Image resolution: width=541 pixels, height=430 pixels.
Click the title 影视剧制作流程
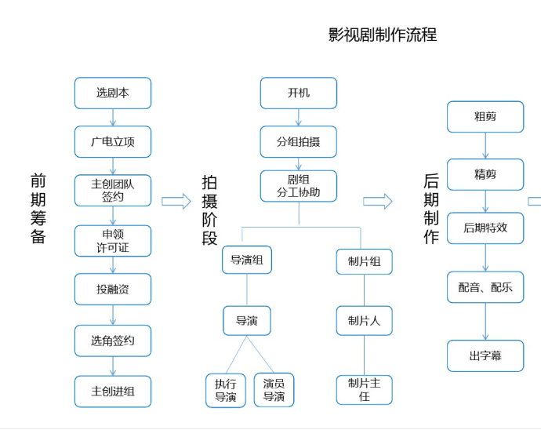[x=382, y=35]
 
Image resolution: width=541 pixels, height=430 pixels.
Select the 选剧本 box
[x=113, y=93]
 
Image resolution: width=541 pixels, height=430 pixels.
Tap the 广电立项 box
[x=113, y=142]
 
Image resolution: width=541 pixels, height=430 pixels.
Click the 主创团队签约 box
[x=113, y=191]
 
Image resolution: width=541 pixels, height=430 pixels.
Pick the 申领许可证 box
[x=113, y=241]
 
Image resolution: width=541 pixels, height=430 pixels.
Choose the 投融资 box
[x=113, y=290]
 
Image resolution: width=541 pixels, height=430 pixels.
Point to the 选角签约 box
[x=113, y=341]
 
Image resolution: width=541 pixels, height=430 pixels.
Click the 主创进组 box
[x=113, y=391]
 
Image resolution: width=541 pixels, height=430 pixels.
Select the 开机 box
[x=298, y=93]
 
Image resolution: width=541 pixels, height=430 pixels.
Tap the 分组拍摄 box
[x=298, y=142]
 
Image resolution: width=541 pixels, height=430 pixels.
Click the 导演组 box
[x=247, y=260]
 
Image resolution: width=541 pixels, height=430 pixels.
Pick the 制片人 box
[x=364, y=321]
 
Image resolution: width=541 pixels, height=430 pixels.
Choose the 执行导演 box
[x=226, y=390]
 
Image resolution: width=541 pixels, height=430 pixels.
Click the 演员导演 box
[x=274, y=390]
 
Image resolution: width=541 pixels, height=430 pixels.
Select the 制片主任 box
[x=364, y=390]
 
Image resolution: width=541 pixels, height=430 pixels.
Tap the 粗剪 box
[x=485, y=117]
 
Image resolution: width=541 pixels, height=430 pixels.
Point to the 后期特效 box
[x=485, y=228]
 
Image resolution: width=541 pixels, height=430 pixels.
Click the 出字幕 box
[x=485, y=356]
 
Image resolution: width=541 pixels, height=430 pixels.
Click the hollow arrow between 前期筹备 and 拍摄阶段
[x=176, y=202]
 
